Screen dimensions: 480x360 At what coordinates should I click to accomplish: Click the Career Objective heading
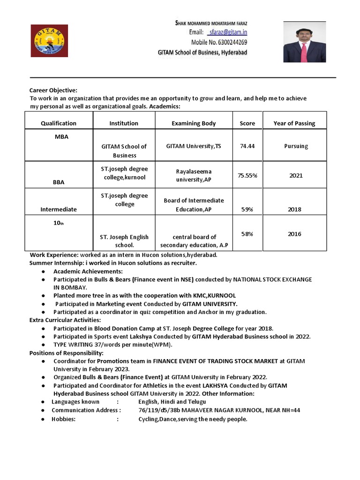[53, 90]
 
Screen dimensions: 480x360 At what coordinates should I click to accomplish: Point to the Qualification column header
[59, 123]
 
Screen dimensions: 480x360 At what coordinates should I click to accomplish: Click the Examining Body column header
[194, 123]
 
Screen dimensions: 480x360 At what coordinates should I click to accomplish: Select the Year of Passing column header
[294, 123]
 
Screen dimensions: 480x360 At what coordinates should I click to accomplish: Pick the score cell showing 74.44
[247, 146]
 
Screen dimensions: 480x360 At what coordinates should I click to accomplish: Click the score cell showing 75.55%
[247, 175]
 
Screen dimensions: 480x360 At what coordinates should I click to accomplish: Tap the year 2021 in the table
[296, 175]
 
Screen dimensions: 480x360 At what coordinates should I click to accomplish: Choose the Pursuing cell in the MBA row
[296, 146]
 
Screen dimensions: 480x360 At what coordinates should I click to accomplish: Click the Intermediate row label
[59, 210]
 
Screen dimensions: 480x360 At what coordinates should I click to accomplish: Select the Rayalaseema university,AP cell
[194, 176]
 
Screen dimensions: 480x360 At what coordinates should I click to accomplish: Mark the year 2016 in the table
[294, 234]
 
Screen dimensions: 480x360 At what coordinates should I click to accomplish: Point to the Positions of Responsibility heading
[67, 353]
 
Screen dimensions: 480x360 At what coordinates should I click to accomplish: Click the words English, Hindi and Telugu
[172, 402]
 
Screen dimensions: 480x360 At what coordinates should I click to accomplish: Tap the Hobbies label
[63, 419]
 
